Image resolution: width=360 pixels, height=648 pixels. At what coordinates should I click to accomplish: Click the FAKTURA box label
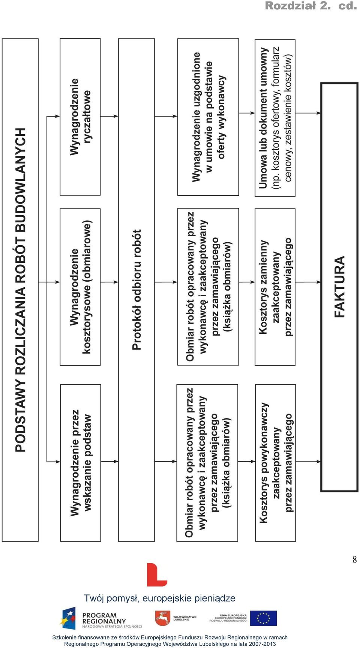point(339,287)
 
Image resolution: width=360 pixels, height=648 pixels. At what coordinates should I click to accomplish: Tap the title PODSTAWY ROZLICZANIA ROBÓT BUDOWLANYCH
point(21,290)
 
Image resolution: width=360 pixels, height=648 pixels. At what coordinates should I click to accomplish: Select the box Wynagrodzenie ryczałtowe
point(80,117)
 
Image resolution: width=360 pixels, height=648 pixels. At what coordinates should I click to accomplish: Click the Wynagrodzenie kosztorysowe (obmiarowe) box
point(80,287)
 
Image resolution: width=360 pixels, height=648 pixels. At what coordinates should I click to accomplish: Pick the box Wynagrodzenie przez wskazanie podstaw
point(81,463)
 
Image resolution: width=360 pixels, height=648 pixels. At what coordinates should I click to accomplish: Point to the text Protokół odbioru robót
point(137,290)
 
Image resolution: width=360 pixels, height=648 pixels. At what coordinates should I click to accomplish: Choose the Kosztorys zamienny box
point(275,287)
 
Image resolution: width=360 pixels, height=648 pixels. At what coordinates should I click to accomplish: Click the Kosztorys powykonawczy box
point(276,463)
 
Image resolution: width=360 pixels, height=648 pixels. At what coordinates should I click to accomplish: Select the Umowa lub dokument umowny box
point(275,118)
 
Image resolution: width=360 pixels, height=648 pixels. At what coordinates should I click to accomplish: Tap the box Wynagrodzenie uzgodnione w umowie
point(208,117)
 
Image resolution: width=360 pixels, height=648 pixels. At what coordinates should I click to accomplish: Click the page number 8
point(354,559)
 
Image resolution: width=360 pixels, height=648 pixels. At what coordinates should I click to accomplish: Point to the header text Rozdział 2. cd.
point(311,6)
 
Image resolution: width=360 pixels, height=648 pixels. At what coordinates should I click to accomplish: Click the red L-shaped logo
point(157,574)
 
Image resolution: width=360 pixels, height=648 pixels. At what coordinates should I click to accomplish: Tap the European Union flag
point(263,618)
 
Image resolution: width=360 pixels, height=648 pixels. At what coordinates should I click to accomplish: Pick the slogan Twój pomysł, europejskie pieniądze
point(160,598)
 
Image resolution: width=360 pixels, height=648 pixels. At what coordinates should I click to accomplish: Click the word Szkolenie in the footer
point(64,637)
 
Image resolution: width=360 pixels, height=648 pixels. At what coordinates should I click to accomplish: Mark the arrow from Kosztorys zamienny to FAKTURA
point(308,281)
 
